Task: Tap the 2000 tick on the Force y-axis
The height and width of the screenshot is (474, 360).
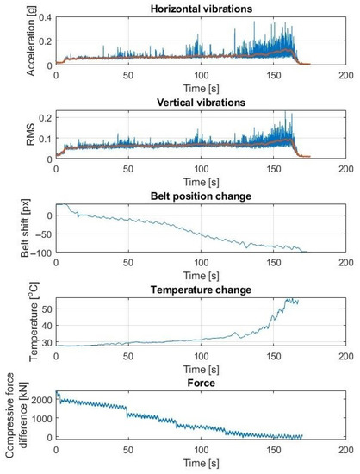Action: tap(39, 401)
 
